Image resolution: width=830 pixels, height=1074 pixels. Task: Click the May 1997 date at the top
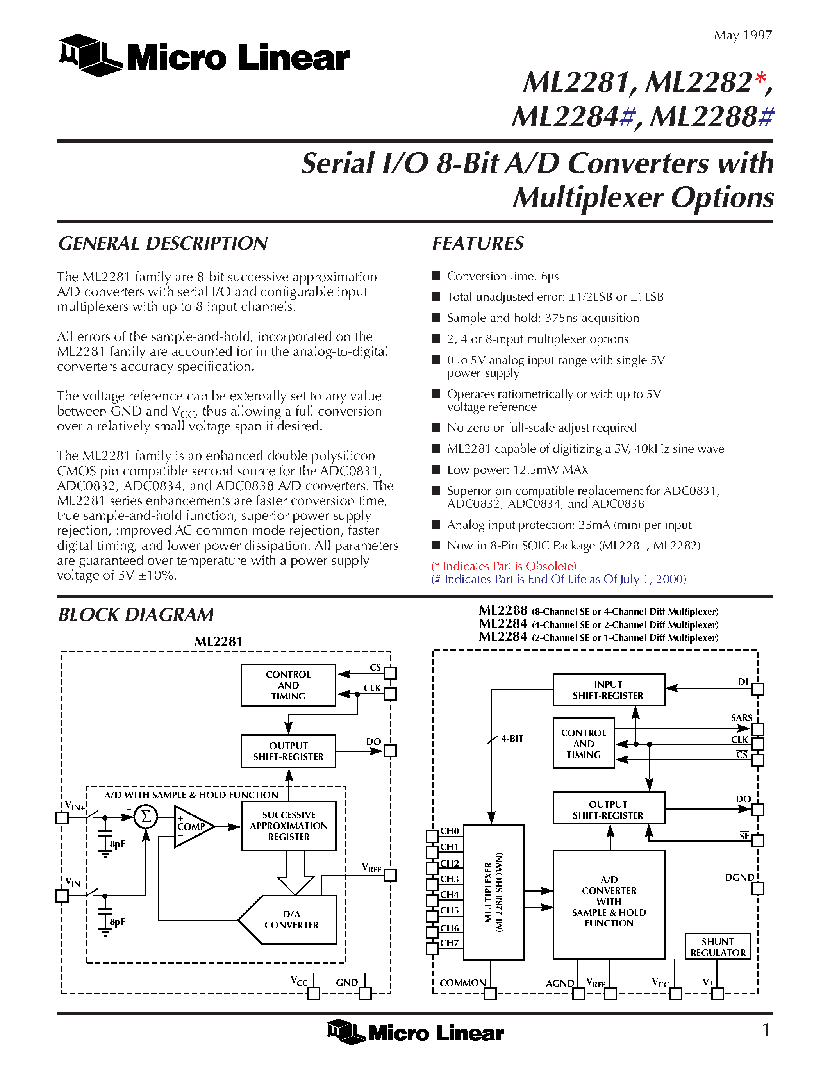743,36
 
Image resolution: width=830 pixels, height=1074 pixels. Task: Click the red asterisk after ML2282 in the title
760,78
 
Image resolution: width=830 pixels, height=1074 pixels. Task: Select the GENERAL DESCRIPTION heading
163,243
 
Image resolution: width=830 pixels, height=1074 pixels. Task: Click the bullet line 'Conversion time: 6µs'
503,277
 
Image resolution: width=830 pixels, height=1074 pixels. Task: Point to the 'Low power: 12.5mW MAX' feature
517,469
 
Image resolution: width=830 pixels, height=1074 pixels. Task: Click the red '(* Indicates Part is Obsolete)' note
504,566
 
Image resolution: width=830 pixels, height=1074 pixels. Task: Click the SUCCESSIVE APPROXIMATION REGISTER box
289,826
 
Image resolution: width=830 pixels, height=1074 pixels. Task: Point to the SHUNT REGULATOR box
718,947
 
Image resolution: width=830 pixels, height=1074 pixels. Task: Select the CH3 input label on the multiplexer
449,879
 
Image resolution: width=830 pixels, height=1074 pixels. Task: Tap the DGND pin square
758,888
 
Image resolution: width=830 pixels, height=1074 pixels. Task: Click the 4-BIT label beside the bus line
512,739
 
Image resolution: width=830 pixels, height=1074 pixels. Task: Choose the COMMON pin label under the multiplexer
462,983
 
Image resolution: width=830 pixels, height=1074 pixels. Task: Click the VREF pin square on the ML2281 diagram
390,875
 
